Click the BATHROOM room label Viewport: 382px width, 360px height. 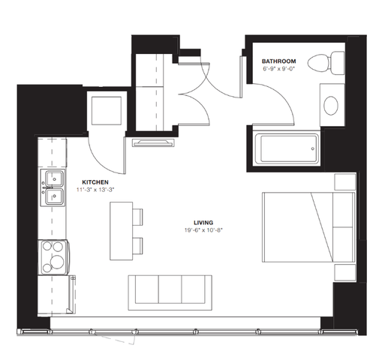tap(278, 61)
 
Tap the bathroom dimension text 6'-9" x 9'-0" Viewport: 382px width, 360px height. tap(278, 68)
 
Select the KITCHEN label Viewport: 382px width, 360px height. tap(95, 182)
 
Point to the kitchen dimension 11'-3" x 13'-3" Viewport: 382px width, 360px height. tap(95, 190)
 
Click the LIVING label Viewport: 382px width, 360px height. tap(203, 223)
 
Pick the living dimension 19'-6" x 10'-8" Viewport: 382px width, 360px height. tap(203, 230)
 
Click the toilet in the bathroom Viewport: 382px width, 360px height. tap(326, 63)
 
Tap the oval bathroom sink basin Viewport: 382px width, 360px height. tap(331, 106)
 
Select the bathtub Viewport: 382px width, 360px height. tap(287, 149)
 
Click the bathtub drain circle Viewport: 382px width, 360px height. tap(313, 149)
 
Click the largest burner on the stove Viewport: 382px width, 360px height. tap(57, 262)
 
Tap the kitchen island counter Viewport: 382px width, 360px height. tap(121, 231)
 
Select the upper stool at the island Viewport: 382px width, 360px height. tap(137, 217)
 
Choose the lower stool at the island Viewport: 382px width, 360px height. tap(137, 246)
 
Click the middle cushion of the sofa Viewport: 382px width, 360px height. tap(170, 289)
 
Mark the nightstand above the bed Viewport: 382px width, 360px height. tap(345, 181)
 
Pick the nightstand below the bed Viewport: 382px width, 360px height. tap(345, 272)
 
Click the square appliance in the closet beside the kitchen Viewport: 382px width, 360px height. tap(107, 111)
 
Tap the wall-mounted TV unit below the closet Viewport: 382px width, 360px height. tap(153, 142)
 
